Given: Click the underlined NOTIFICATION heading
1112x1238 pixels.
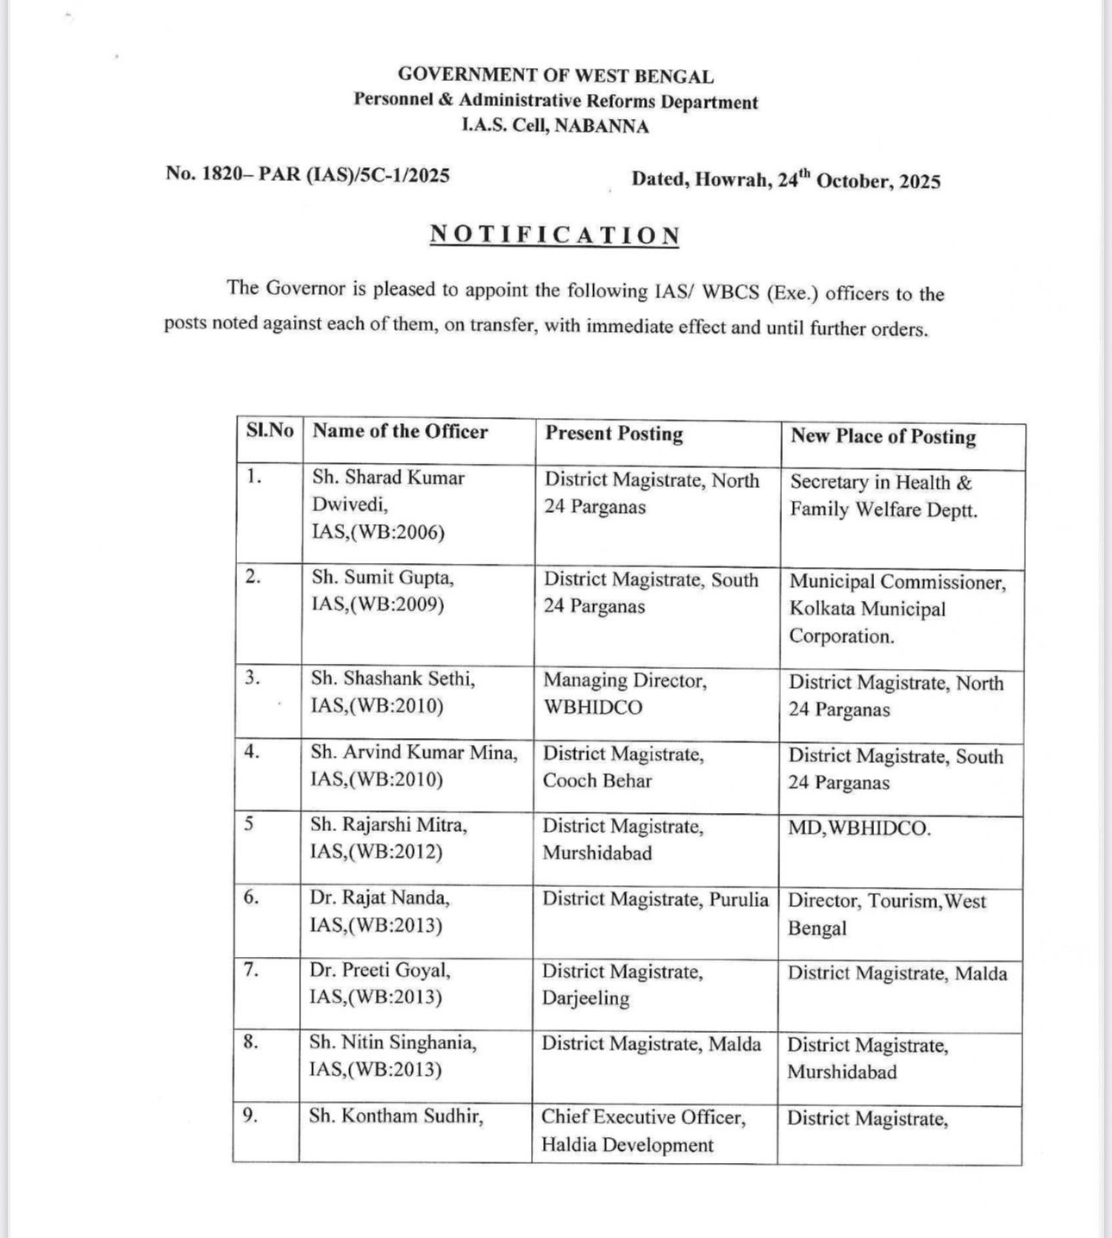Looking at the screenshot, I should tap(555, 235).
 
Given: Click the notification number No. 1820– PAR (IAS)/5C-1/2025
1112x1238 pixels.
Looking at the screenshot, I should tap(308, 174).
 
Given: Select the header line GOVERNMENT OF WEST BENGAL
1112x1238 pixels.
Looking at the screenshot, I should tap(555, 76).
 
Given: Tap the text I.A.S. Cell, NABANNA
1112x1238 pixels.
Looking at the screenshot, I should tap(555, 126).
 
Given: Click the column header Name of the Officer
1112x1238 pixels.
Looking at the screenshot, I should tap(400, 431).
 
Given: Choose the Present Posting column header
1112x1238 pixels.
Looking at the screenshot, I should tap(614, 434).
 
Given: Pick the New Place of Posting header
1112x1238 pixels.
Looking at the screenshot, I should tap(884, 436).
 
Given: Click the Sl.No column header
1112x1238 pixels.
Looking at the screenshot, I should tap(269, 430).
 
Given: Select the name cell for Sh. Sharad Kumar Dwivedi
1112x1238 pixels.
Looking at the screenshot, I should tap(388, 504).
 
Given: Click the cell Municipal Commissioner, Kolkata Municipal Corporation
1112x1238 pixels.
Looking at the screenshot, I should tap(896, 609).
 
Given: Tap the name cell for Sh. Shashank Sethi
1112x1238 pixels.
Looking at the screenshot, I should tap(392, 692).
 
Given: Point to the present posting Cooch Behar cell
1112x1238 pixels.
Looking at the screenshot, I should tap(623, 767).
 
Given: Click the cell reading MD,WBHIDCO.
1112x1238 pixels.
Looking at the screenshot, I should tap(859, 829).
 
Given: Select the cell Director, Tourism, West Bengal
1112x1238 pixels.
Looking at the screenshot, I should tap(886, 914).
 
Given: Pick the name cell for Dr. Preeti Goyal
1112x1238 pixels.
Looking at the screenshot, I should tap(380, 984).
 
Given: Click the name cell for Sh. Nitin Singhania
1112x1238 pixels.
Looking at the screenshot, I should tap(392, 1056).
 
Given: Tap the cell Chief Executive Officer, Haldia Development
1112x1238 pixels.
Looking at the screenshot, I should tap(643, 1131).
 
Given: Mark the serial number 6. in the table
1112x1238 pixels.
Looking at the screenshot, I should tap(251, 897).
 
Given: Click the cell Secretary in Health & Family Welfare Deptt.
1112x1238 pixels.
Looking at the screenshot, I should tap(884, 496).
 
